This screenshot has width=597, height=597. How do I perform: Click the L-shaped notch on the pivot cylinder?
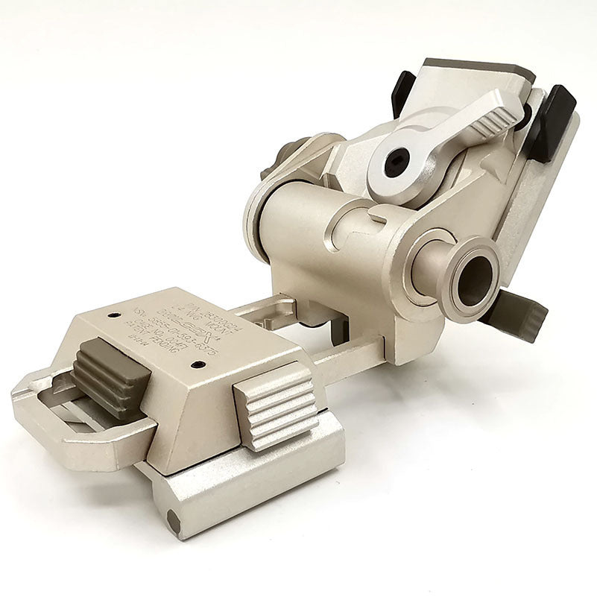377,218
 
